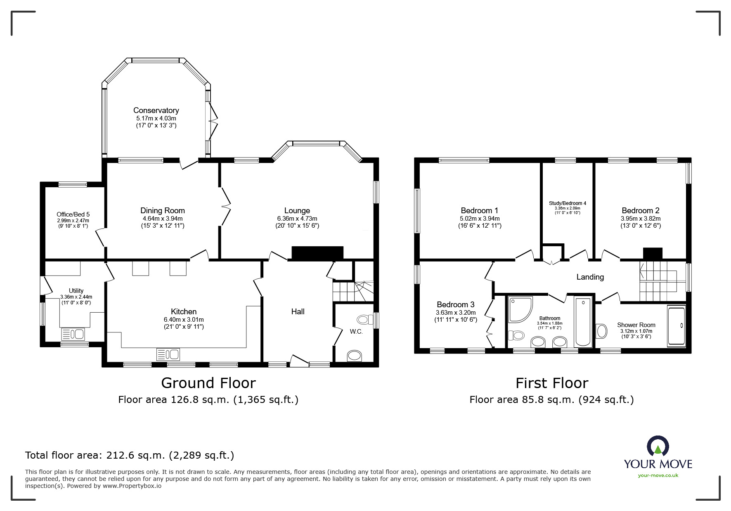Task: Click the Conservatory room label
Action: pos(156,110)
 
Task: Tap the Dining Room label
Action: pos(163,210)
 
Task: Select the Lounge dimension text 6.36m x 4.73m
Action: pos(297,219)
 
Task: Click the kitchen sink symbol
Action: pos(168,354)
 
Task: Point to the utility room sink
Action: pos(73,334)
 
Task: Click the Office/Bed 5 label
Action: pos(73,214)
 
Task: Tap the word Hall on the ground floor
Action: pos(298,311)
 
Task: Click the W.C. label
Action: pos(356,332)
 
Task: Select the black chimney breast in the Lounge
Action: pos(317,253)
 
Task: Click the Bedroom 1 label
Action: pos(480,210)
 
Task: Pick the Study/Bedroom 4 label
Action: pos(568,203)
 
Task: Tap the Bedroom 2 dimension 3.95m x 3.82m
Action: pos(641,219)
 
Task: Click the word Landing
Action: pos(590,277)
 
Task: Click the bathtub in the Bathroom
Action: pos(583,321)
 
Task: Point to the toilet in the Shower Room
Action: pos(602,331)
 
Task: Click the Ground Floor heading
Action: pos(208,383)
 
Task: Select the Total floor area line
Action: pos(130,455)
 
